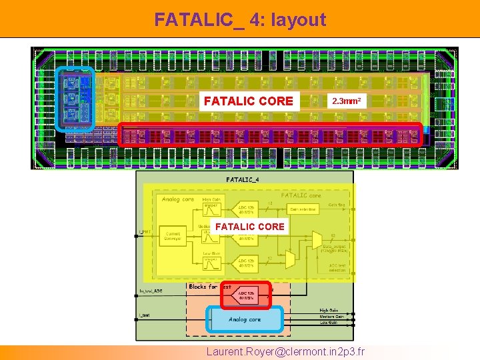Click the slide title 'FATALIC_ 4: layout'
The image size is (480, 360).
coord(240,19)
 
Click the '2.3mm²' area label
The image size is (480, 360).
coord(347,101)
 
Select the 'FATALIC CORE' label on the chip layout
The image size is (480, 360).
coord(248,101)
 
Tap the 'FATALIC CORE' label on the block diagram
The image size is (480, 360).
coord(249,227)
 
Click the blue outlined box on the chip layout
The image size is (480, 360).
coord(75,98)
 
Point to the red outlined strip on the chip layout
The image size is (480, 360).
coord(270,135)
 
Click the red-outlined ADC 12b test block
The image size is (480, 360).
coord(245,295)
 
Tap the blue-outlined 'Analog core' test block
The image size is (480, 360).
coord(245,319)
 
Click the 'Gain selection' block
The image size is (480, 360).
coord(303,209)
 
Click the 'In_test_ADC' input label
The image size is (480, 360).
coord(151,291)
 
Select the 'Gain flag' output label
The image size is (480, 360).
coord(337,205)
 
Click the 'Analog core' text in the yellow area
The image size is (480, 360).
coord(178,199)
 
